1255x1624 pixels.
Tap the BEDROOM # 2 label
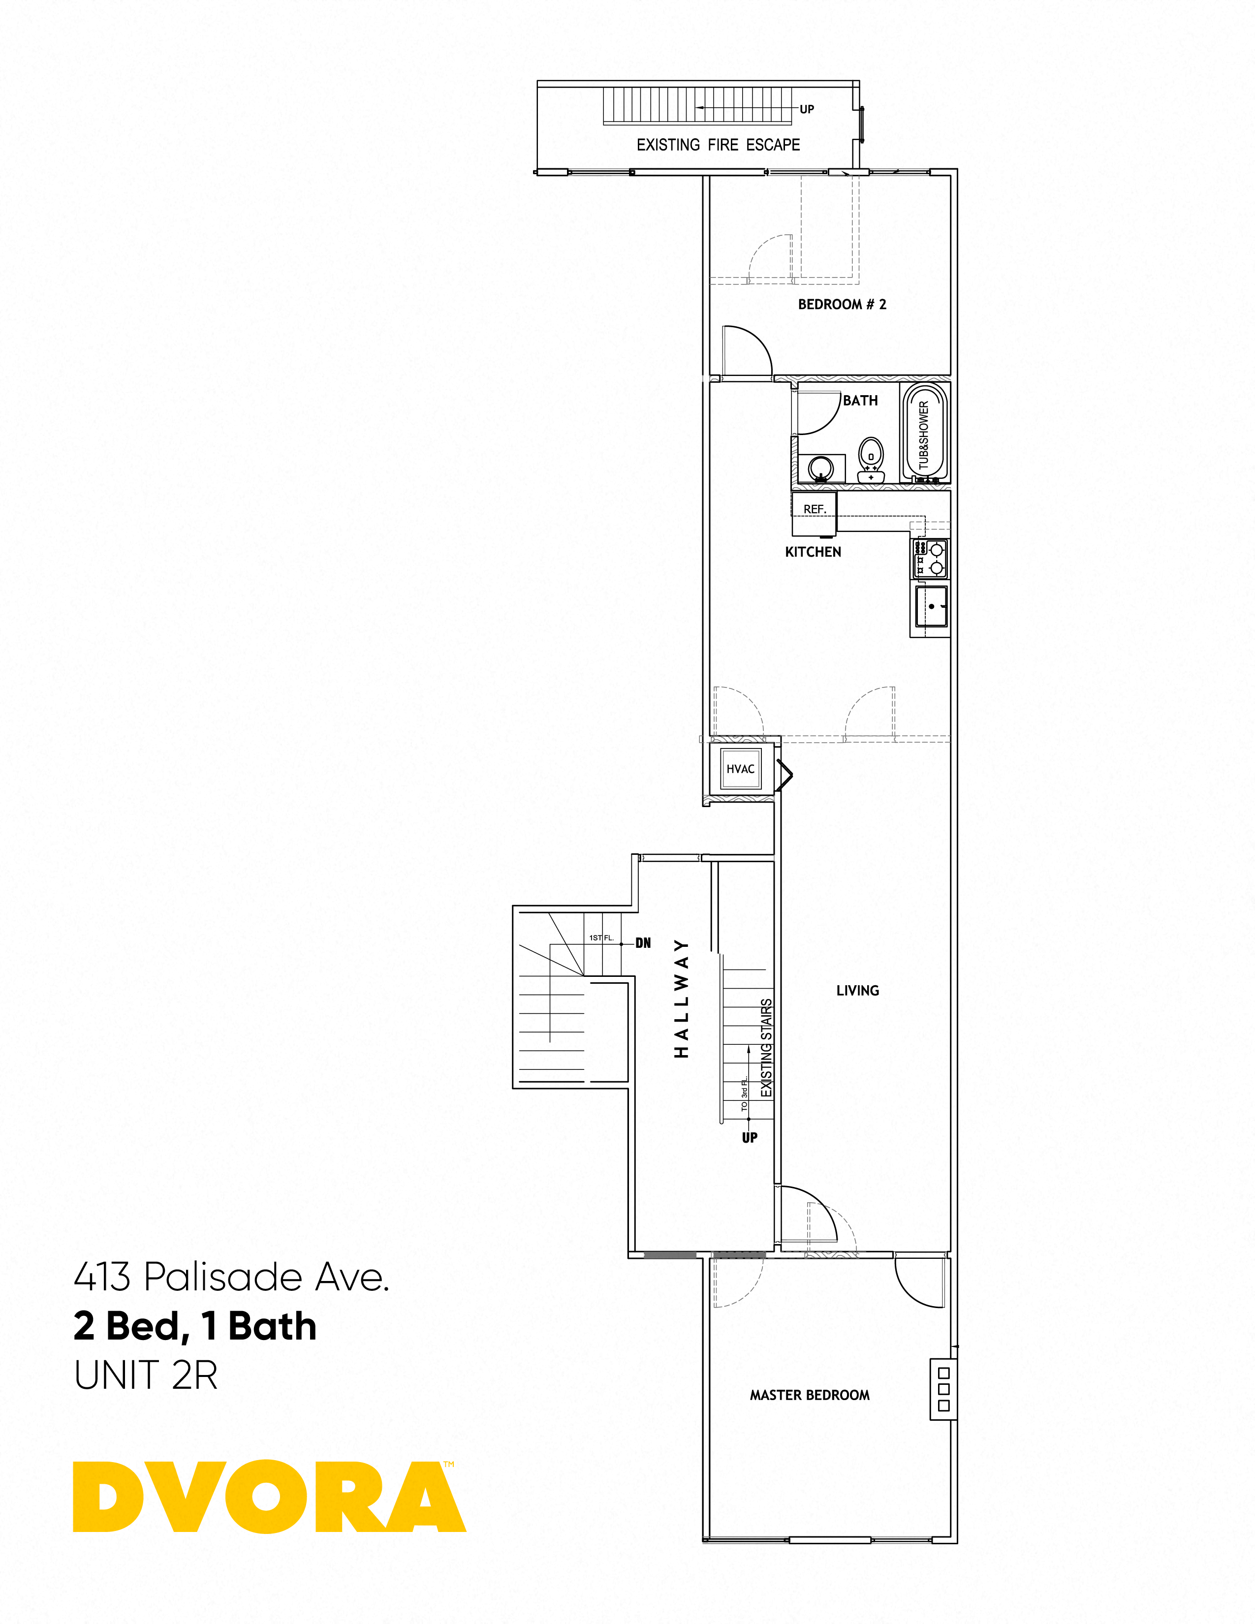[842, 304]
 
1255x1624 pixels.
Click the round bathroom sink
[821, 468]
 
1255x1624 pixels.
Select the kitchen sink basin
[931, 607]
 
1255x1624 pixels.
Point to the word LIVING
[857, 991]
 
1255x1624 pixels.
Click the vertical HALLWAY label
[681, 999]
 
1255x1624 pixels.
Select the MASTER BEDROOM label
[810, 1395]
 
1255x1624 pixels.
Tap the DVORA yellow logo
[269, 1497]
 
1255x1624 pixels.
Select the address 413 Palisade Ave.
[231, 1278]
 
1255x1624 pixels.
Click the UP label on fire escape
[807, 109]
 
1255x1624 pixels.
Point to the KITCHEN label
[813, 552]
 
